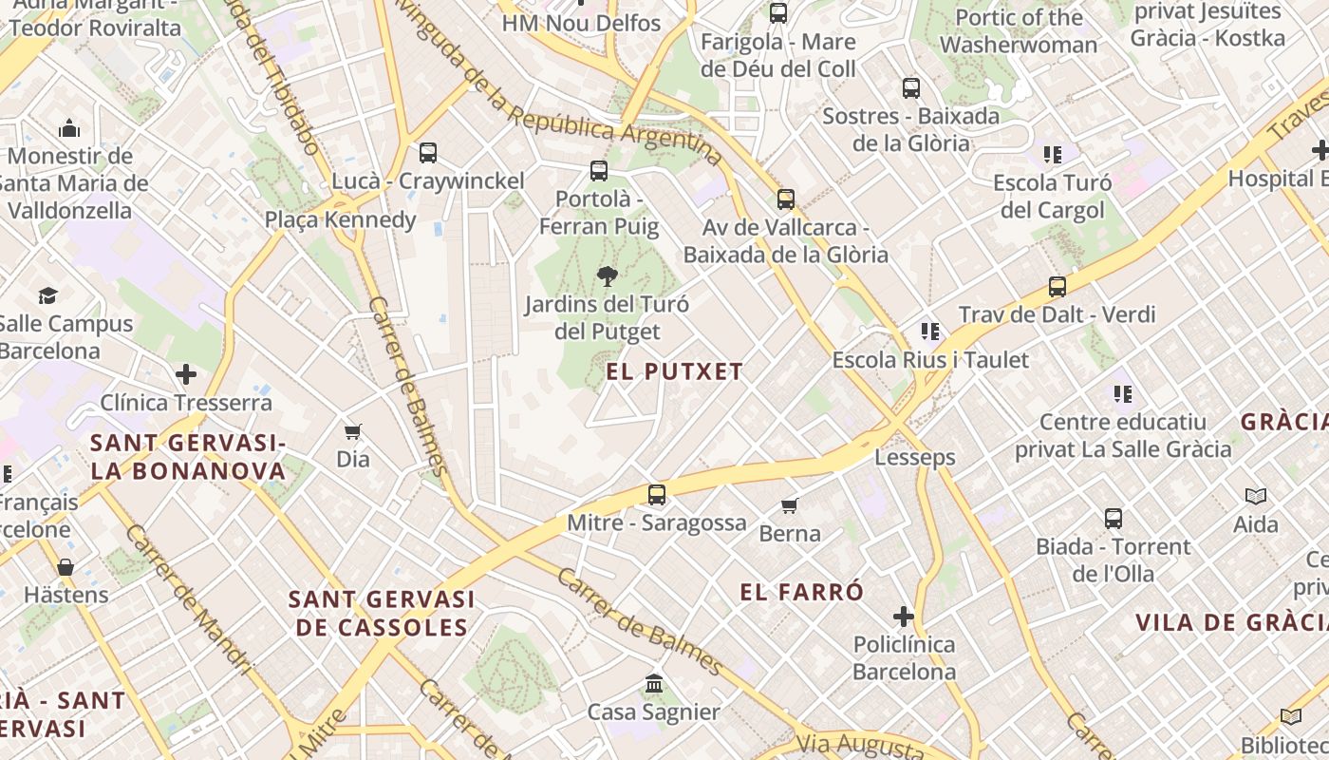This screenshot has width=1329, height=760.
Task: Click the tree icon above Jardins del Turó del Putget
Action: point(607,276)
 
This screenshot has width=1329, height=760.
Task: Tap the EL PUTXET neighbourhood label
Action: point(675,371)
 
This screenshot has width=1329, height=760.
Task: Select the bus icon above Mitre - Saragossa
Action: point(656,495)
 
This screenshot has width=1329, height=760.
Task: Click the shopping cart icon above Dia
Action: point(353,432)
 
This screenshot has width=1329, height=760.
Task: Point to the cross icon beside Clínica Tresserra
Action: point(186,374)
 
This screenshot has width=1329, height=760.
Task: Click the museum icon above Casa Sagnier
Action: point(653,684)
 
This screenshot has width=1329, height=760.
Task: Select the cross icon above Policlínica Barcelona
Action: point(904,617)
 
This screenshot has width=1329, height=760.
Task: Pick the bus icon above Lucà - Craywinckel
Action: point(428,153)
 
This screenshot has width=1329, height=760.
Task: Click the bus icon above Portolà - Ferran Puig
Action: point(598,171)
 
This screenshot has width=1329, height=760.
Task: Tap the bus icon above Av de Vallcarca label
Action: point(785,199)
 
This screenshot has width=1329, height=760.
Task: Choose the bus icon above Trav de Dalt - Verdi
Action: point(1057,287)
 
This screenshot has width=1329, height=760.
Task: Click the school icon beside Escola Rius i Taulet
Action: point(930,332)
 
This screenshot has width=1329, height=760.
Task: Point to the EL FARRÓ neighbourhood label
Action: point(802,592)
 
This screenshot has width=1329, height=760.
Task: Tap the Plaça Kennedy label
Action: point(340,220)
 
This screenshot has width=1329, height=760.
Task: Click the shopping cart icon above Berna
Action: point(790,505)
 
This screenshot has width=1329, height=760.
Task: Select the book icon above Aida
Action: point(1256,496)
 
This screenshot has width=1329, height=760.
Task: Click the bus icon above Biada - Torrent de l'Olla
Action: point(1113,519)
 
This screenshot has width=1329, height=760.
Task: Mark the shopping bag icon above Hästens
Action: point(66,568)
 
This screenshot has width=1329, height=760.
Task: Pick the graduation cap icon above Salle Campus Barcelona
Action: point(47,296)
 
